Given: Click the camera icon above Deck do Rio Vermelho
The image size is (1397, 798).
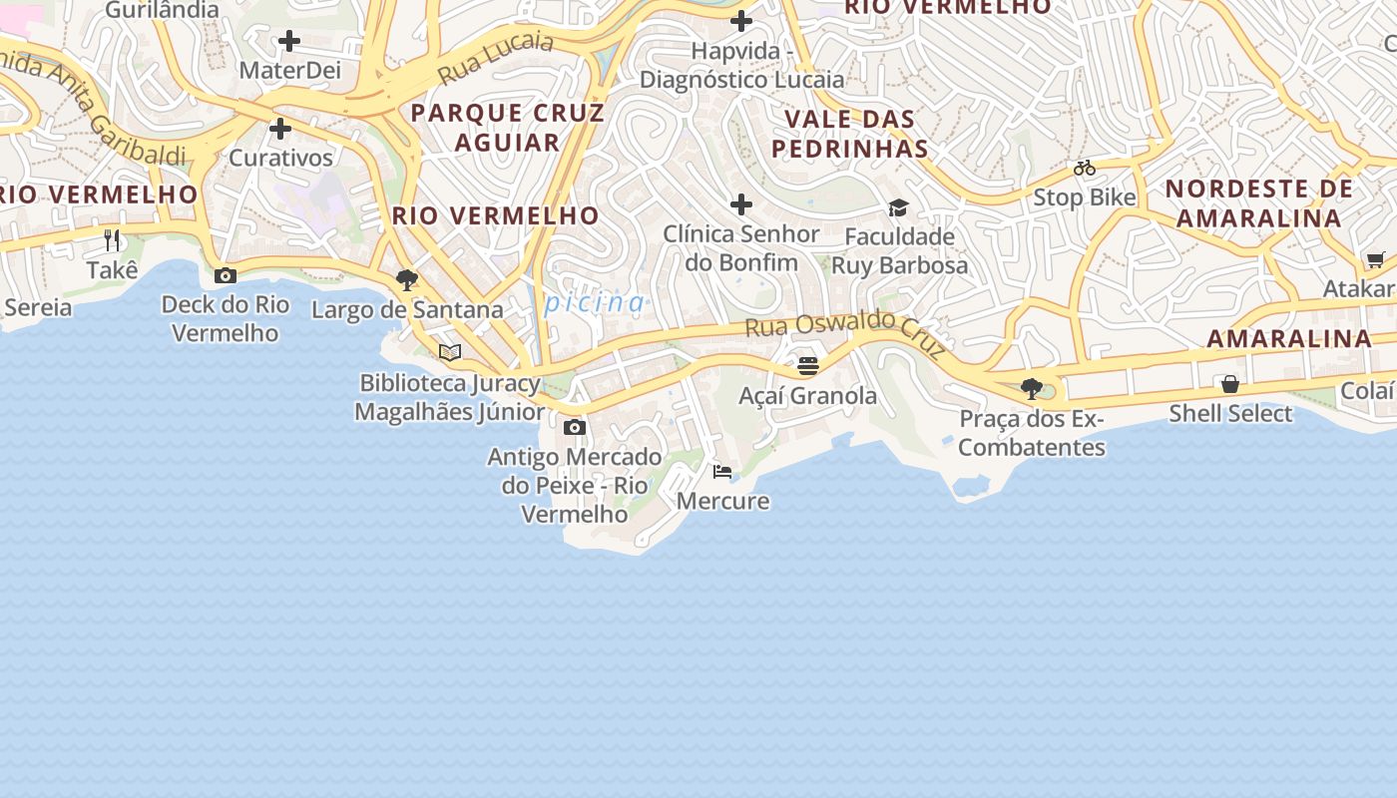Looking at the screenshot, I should (226, 275).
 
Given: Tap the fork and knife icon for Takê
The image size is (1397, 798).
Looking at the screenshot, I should (112, 240).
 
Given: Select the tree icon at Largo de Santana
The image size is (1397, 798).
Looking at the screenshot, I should (406, 280).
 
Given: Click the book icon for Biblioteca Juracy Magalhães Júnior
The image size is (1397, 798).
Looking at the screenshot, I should (450, 352).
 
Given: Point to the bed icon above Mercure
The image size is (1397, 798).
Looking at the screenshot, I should (722, 471).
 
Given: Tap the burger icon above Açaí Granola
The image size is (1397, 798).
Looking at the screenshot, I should (808, 366).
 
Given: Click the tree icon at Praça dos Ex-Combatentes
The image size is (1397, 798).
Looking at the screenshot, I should (1032, 389).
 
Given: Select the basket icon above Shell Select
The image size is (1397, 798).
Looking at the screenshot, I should (1230, 384).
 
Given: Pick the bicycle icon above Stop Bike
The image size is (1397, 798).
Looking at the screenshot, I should (1085, 168).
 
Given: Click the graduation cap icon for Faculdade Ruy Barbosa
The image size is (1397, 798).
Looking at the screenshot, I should (899, 207).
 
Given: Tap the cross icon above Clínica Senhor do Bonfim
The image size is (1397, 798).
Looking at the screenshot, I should (740, 204).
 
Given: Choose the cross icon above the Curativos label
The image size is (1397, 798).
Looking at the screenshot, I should (280, 129).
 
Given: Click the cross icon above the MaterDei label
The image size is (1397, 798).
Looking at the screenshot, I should (289, 41).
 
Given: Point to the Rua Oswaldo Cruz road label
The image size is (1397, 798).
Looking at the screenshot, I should (846, 331).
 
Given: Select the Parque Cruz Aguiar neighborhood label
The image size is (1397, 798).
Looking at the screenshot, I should (508, 127).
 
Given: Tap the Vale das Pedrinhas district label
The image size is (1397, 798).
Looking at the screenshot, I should (850, 134).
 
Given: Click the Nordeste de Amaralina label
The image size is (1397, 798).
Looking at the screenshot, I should (1259, 202).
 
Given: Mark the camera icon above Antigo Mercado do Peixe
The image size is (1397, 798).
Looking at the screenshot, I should (574, 428).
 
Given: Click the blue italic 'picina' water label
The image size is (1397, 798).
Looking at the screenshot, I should (596, 302).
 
